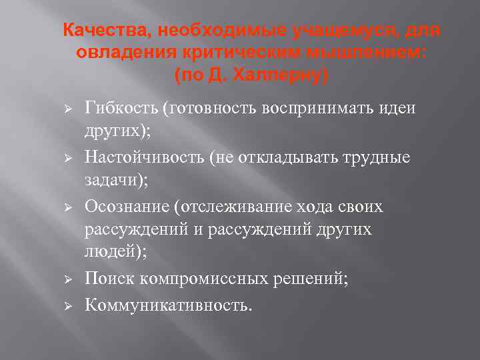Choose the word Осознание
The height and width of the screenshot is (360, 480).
pos(125,207)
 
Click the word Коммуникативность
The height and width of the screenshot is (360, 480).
pos(167,305)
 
